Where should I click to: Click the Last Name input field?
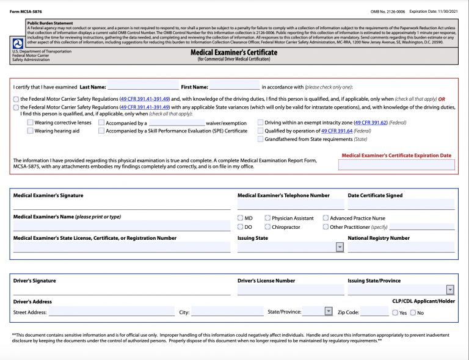[x=143, y=87]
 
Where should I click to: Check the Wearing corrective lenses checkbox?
[x=30, y=123]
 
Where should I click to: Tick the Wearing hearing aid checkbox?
[x=30, y=131]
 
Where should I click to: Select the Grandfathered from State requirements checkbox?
[x=260, y=139]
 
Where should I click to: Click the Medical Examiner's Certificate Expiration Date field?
[x=396, y=165]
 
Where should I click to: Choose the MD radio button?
[x=241, y=218]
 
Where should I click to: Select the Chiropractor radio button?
[x=267, y=227]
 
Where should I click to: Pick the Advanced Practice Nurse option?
[x=325, y=218]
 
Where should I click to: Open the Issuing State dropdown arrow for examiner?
[x=340, y=247]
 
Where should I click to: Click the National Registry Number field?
[x=401, y=247]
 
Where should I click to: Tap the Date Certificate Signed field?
[x=401, y=204]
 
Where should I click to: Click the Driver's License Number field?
[x=291, y=290]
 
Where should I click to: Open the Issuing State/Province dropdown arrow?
[x=450, y=290]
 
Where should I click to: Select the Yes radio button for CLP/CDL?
[x=395, y=313]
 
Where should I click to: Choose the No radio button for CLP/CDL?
[x=413, y=313]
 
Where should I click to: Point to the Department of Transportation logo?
[x=18, y=43]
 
